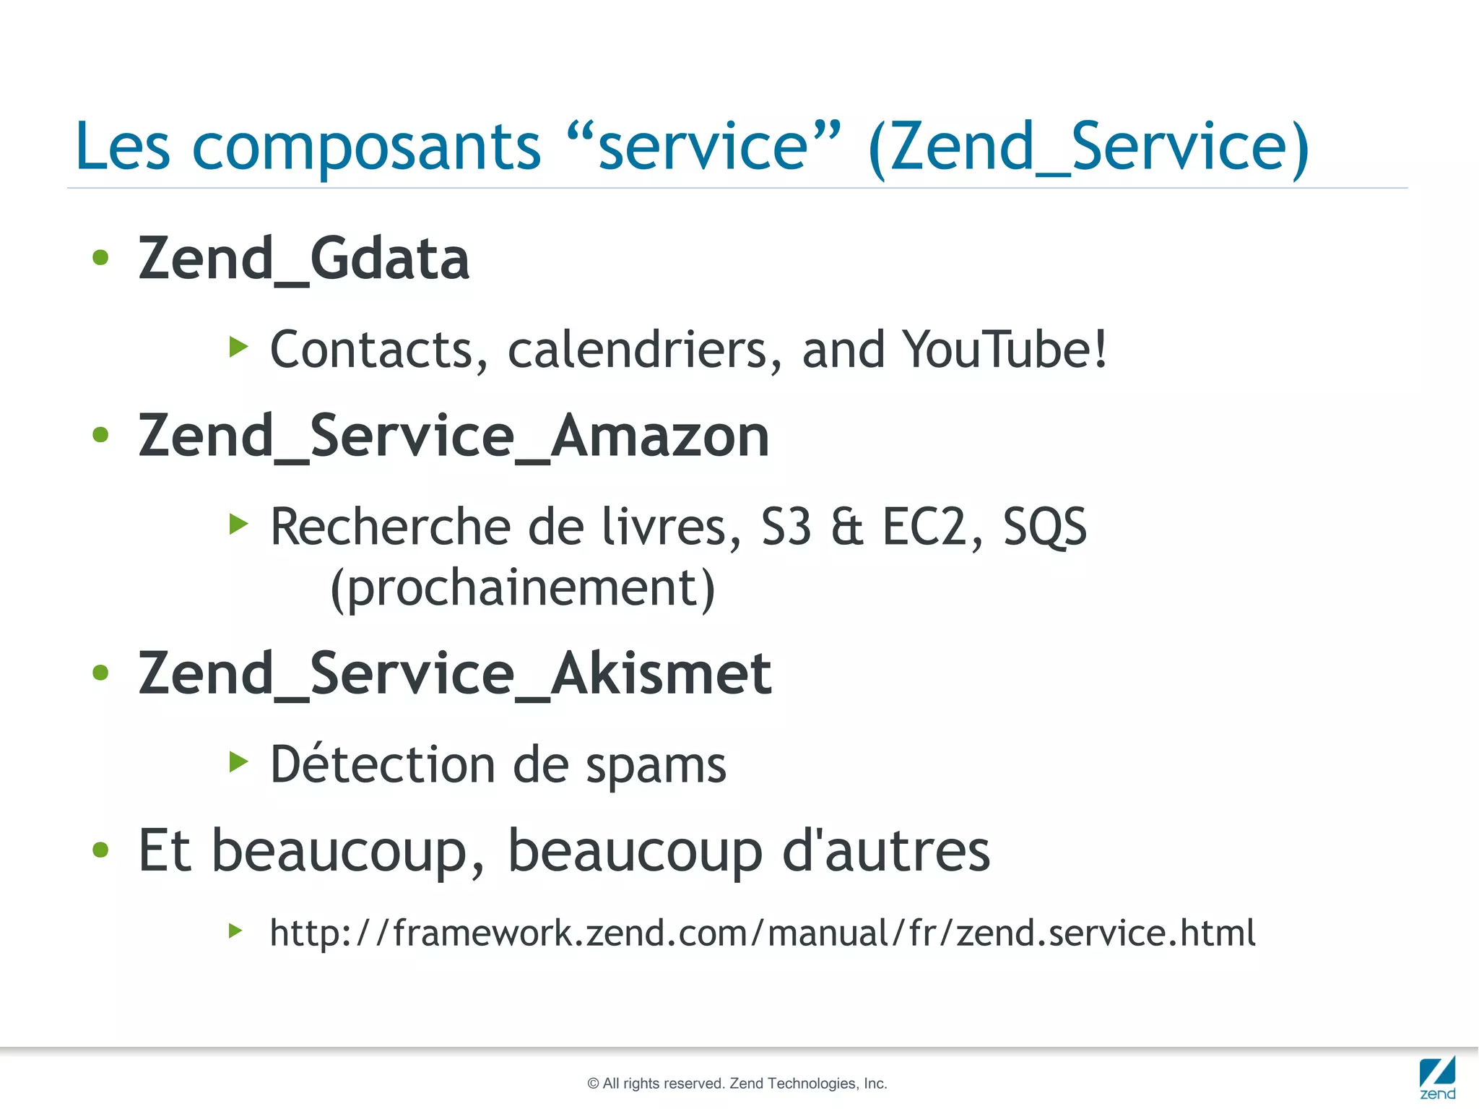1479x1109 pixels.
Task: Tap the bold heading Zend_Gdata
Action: tap(304, 259)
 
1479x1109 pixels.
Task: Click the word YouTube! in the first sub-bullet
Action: tap(1005, 350)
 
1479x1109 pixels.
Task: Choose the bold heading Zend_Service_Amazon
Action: tap(454, 436)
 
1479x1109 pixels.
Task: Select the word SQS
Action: tap(1044, 527)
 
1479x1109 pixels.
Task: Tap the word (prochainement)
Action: tap(522, 589)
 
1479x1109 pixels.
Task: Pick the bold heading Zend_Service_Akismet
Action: tap(455, 673)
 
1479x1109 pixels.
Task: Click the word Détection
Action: tap(382, 764)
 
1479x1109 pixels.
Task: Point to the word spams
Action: tap(656, 766)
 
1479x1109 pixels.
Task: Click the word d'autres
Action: tap(886, 850)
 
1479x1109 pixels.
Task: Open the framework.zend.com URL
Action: tap(763, 933)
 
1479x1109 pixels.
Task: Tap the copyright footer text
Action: tap(737, 1083)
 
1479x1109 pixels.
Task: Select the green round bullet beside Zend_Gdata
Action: tap(100, 257)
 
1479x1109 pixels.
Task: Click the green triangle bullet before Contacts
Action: tap(238, 347)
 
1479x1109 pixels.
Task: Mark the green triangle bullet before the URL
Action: tap(235, 931)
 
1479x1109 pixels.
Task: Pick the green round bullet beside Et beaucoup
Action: tap(100, 850)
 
